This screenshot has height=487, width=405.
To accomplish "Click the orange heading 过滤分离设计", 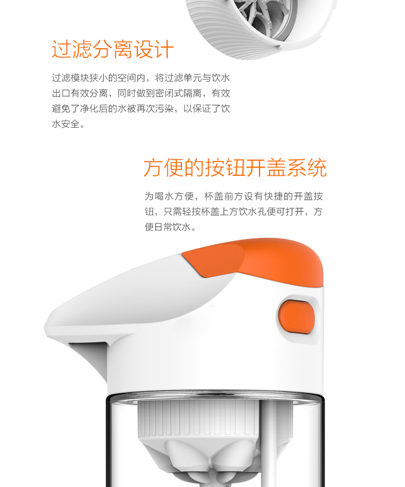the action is (x=112, y=49).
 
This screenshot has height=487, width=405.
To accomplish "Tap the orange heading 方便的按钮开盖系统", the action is (x=235, y=168).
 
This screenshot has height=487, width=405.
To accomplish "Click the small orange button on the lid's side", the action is (x=297, y=316).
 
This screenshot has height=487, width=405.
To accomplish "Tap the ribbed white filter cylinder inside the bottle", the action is (x=199, y=419).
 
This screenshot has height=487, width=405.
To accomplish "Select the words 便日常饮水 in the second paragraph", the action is (x=168, y=227).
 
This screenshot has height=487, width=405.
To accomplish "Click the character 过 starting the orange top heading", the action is (x=61, y=49).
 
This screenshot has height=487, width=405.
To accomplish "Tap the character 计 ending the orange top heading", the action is (x=164, y=49).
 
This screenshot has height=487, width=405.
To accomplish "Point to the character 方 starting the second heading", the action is (x=153, y=168).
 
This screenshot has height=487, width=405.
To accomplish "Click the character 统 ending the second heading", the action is (x=317, y=168).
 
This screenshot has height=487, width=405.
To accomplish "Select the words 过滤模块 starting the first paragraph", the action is (x=70, y=77).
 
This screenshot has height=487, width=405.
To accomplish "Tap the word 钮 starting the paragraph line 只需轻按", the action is (x=149, y=212).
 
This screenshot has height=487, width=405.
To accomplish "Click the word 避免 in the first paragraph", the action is (x=61, y=108).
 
